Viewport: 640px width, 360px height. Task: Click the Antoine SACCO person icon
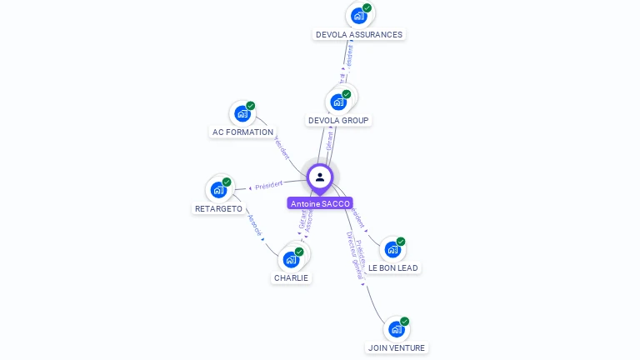(x=320, y=177)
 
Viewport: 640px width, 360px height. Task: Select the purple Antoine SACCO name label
(x=320, y=203)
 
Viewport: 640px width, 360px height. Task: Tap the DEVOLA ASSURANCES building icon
(x=358, y=16)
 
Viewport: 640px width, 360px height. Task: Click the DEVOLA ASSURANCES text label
(x=359, y=35)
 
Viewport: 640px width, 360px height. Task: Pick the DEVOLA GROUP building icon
(x=338, y=102)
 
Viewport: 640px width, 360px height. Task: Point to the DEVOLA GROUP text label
(x=338, y=121)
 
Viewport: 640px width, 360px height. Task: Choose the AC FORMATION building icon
(x=242, y=113)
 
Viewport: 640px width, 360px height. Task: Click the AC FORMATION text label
(x=242, y=132)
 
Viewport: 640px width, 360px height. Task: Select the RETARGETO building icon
(x=218, y=189)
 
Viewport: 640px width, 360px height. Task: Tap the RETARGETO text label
(x=218, y=209)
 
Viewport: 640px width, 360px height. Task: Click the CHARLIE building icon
(x=291, y=258)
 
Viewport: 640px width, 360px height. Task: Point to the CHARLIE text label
(x=291, y=278)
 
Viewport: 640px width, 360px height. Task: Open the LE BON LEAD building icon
(x=392, y=249)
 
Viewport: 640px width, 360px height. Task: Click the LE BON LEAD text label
(x=393, y=268)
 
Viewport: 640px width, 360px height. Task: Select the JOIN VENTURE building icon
(x=397, y=328)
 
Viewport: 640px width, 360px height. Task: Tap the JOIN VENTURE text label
(x=397, y=348)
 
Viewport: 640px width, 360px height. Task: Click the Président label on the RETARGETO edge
(x=269, y=184)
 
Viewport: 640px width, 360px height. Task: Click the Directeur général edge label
(x=356, y=253)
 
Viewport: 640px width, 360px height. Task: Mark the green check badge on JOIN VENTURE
(x=405, y=321)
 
